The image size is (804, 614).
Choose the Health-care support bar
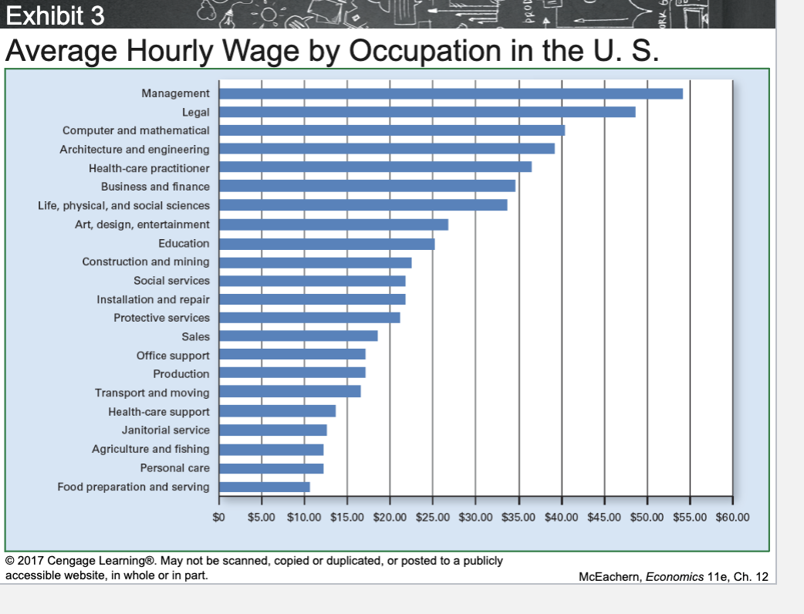coord(277,411)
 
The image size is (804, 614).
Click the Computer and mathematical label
coord(136,130)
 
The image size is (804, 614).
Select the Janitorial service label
coord(165,430)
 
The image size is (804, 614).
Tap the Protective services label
coord(161,318)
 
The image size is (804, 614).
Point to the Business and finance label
coord(155,187)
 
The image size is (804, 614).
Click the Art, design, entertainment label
coord(142,224)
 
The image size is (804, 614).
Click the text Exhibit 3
coord(55,15)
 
